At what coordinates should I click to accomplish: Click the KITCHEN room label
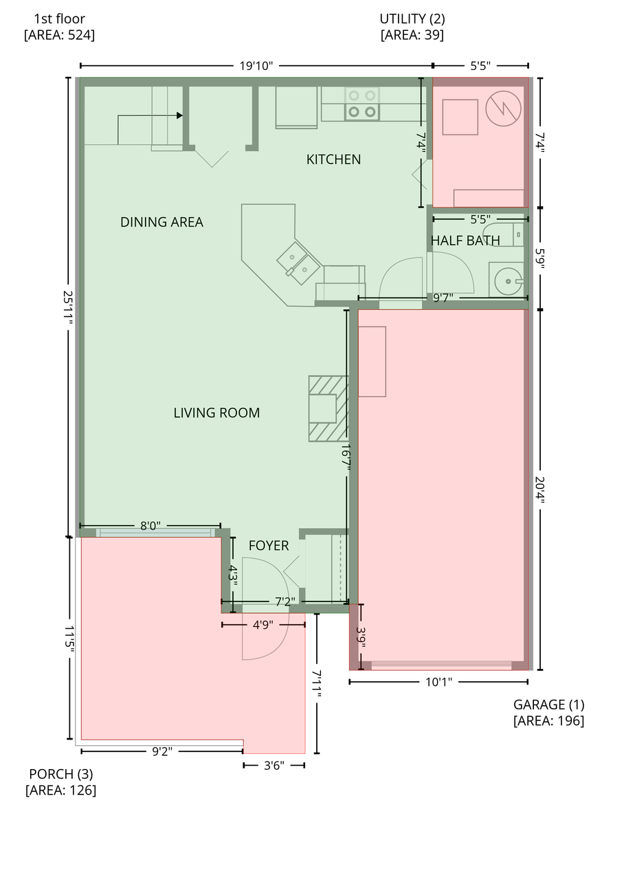pos(333,159)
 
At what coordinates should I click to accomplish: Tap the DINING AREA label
pos(161,222)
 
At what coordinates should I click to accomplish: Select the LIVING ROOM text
pos(216,413)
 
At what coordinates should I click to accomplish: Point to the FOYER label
pos(268,546)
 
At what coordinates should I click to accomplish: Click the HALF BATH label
pos(465,241)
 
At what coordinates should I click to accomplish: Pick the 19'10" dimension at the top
pos(256,66)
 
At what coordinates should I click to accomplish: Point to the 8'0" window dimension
pos(150,526)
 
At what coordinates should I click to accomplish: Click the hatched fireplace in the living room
pos(328,408)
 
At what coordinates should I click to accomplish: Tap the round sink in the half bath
pos(508,281)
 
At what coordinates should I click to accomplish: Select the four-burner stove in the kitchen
pos(362,104)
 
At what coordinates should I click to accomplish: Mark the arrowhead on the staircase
pos(180,115)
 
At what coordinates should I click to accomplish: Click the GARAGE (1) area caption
pos(548,712)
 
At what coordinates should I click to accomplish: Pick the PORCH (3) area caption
pos(60,781)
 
